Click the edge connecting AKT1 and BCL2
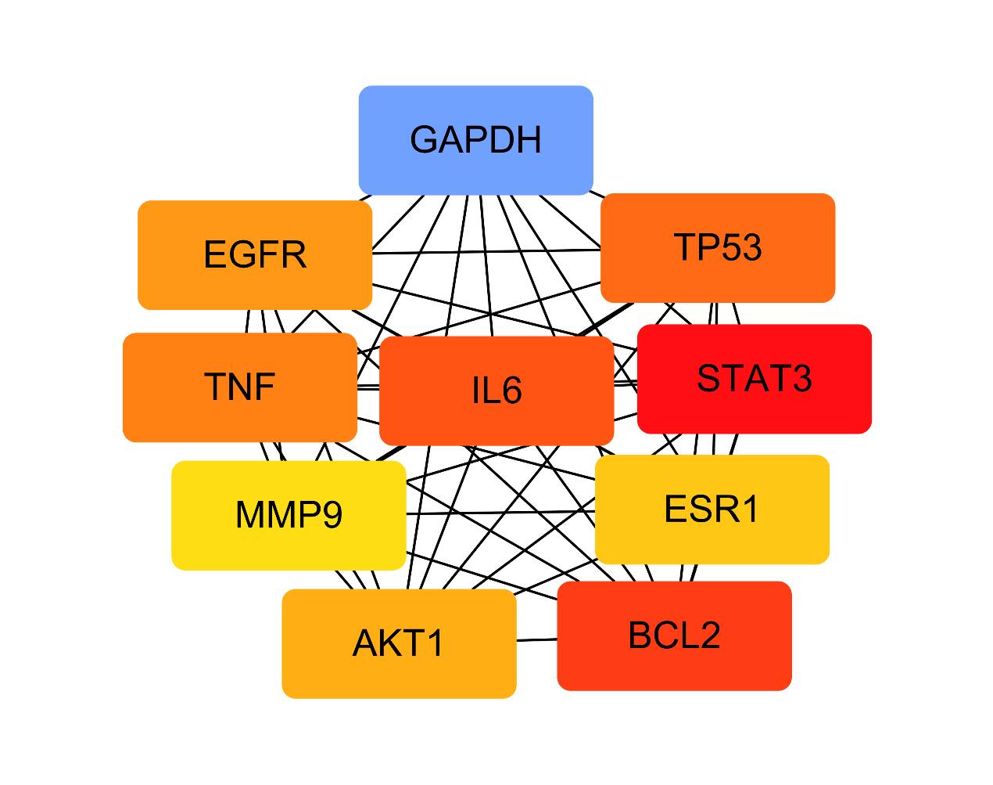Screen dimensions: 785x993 coord(536,640)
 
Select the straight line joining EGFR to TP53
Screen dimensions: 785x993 coord(485,251)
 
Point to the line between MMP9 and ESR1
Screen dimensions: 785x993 coord(500,513)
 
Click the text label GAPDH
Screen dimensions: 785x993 coord(475,140)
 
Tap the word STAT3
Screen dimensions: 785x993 coord(755,379)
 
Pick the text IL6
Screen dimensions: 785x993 coord(496,391)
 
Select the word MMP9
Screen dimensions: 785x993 coord(289,515)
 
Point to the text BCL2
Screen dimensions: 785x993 coord(674,636)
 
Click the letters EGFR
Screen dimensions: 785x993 coord(255,255)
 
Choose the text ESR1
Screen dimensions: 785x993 coord(712,510)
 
